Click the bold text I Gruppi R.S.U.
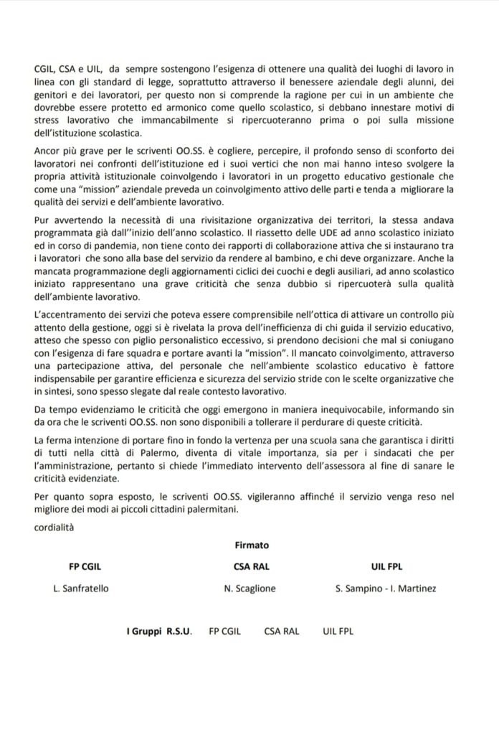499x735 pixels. [x=157, y=632]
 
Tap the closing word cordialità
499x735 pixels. [x=55, y=528]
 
